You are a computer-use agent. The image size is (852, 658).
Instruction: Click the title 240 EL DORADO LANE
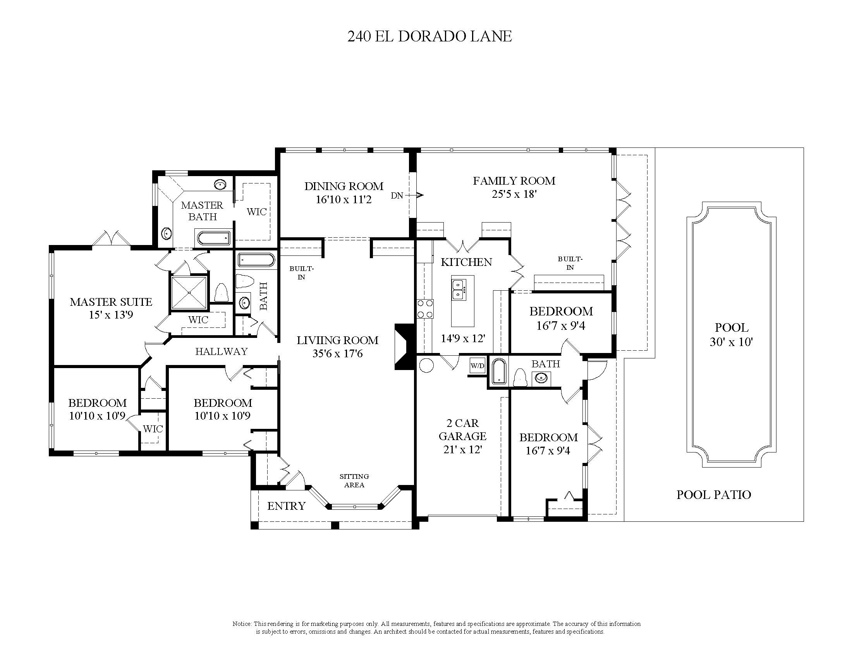coord(429,37)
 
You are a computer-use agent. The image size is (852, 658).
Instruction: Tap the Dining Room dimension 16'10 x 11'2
coord(343,200)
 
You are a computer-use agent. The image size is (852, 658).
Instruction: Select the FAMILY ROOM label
coord(514,181)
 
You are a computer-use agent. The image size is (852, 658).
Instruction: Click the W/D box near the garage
coord(478,366)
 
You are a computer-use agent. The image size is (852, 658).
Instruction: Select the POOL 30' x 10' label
coord(731,334)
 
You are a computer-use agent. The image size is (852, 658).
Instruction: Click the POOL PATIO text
coord(713,495)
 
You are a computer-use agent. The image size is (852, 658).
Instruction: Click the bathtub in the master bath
coord(213,237)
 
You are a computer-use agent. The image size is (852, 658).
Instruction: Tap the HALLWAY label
coord(221,351)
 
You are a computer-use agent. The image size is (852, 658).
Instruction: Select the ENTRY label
coord(286,506)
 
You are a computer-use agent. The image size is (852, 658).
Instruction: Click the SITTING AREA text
coord(354,481)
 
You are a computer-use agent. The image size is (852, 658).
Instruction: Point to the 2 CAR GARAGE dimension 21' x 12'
coord(463,449)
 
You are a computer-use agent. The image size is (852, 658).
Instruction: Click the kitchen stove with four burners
coord(424,309)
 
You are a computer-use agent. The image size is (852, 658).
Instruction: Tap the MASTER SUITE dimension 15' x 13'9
coord(111,315)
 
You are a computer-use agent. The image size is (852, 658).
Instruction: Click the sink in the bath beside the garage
coord(541,378)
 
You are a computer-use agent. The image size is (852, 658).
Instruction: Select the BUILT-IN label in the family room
coord(570,263)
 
